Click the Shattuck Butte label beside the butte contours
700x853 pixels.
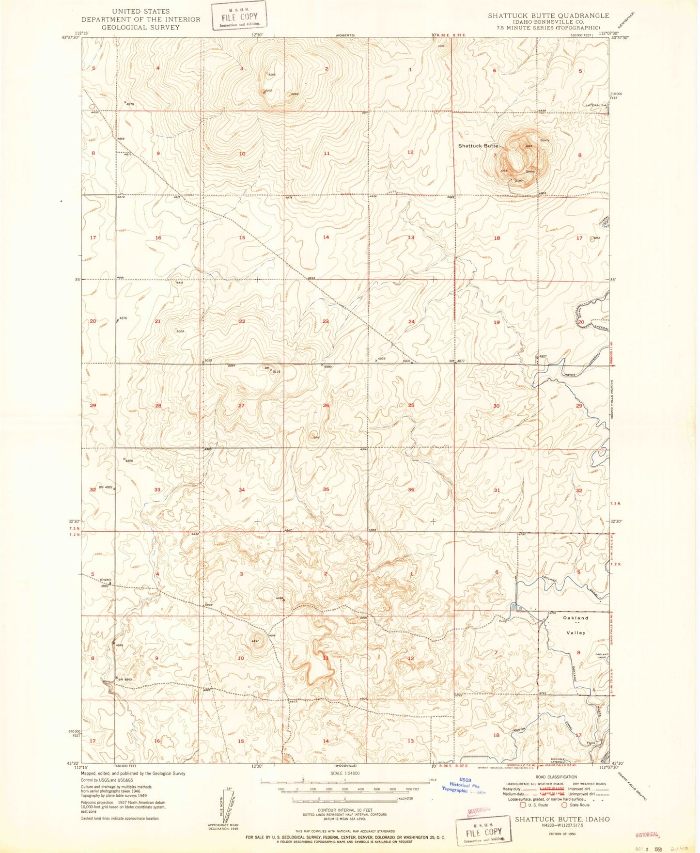click(x=478, y=145)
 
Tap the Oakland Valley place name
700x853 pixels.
click(x=575, y=625)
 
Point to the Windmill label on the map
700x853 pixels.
click(x=105, y=580)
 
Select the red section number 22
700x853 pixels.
click(x=242, y=322)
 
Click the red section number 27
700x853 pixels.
click(x=241, y=406)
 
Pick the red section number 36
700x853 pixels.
click(x=411, y=490)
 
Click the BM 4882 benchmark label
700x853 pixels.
click(x=105, y=487)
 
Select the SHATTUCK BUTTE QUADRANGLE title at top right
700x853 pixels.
click(x=548, y=16)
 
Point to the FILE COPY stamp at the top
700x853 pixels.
click(x=239, y=16)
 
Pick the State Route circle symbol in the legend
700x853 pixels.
click(x=564, y=805)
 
